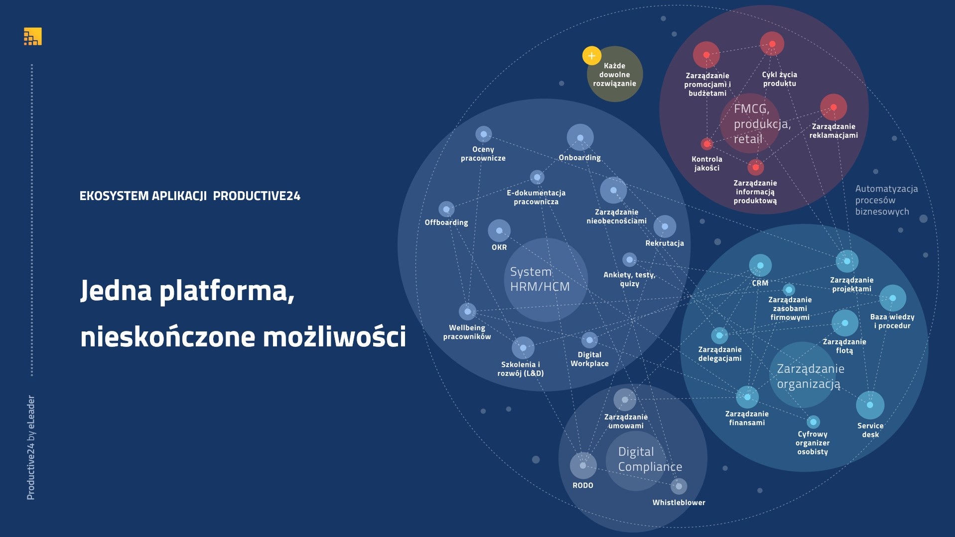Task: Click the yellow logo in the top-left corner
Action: [x=33, y=36]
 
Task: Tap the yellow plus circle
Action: [x=592, y=56]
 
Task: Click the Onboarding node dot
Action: [x=580, y=137]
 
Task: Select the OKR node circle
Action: [x=499, y=231]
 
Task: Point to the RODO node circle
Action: [x=583, y=465]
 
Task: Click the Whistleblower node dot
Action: [x=679, y=486]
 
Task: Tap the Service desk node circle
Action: [x=870, y=405]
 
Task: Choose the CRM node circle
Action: [x=760, y=266]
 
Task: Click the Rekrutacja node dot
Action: [x=665, y=226]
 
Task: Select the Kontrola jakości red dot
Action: [x=707, y=144]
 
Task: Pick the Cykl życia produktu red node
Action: [x=772, y=44]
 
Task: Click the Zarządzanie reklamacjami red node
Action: [x=833, y=107]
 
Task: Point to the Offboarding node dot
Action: [x=446, y=210]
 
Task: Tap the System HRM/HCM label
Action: [x=540, y=279]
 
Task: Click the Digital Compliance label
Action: [x=650, y=459]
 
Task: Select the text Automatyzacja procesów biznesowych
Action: [x=886, y=200]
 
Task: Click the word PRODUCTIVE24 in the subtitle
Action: [x=257, y=196]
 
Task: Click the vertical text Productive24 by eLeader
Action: [x=30, y=447]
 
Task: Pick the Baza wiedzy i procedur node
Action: [x=893, y=298]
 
